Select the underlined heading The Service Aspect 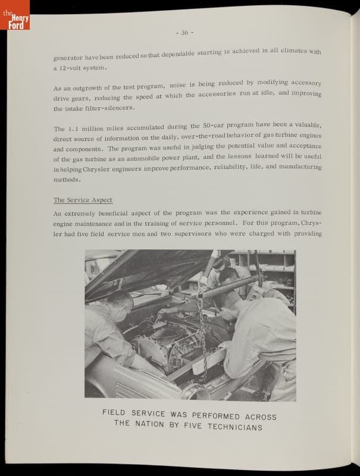click(x=83, y=200)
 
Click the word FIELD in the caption click(x=115, y=412)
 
